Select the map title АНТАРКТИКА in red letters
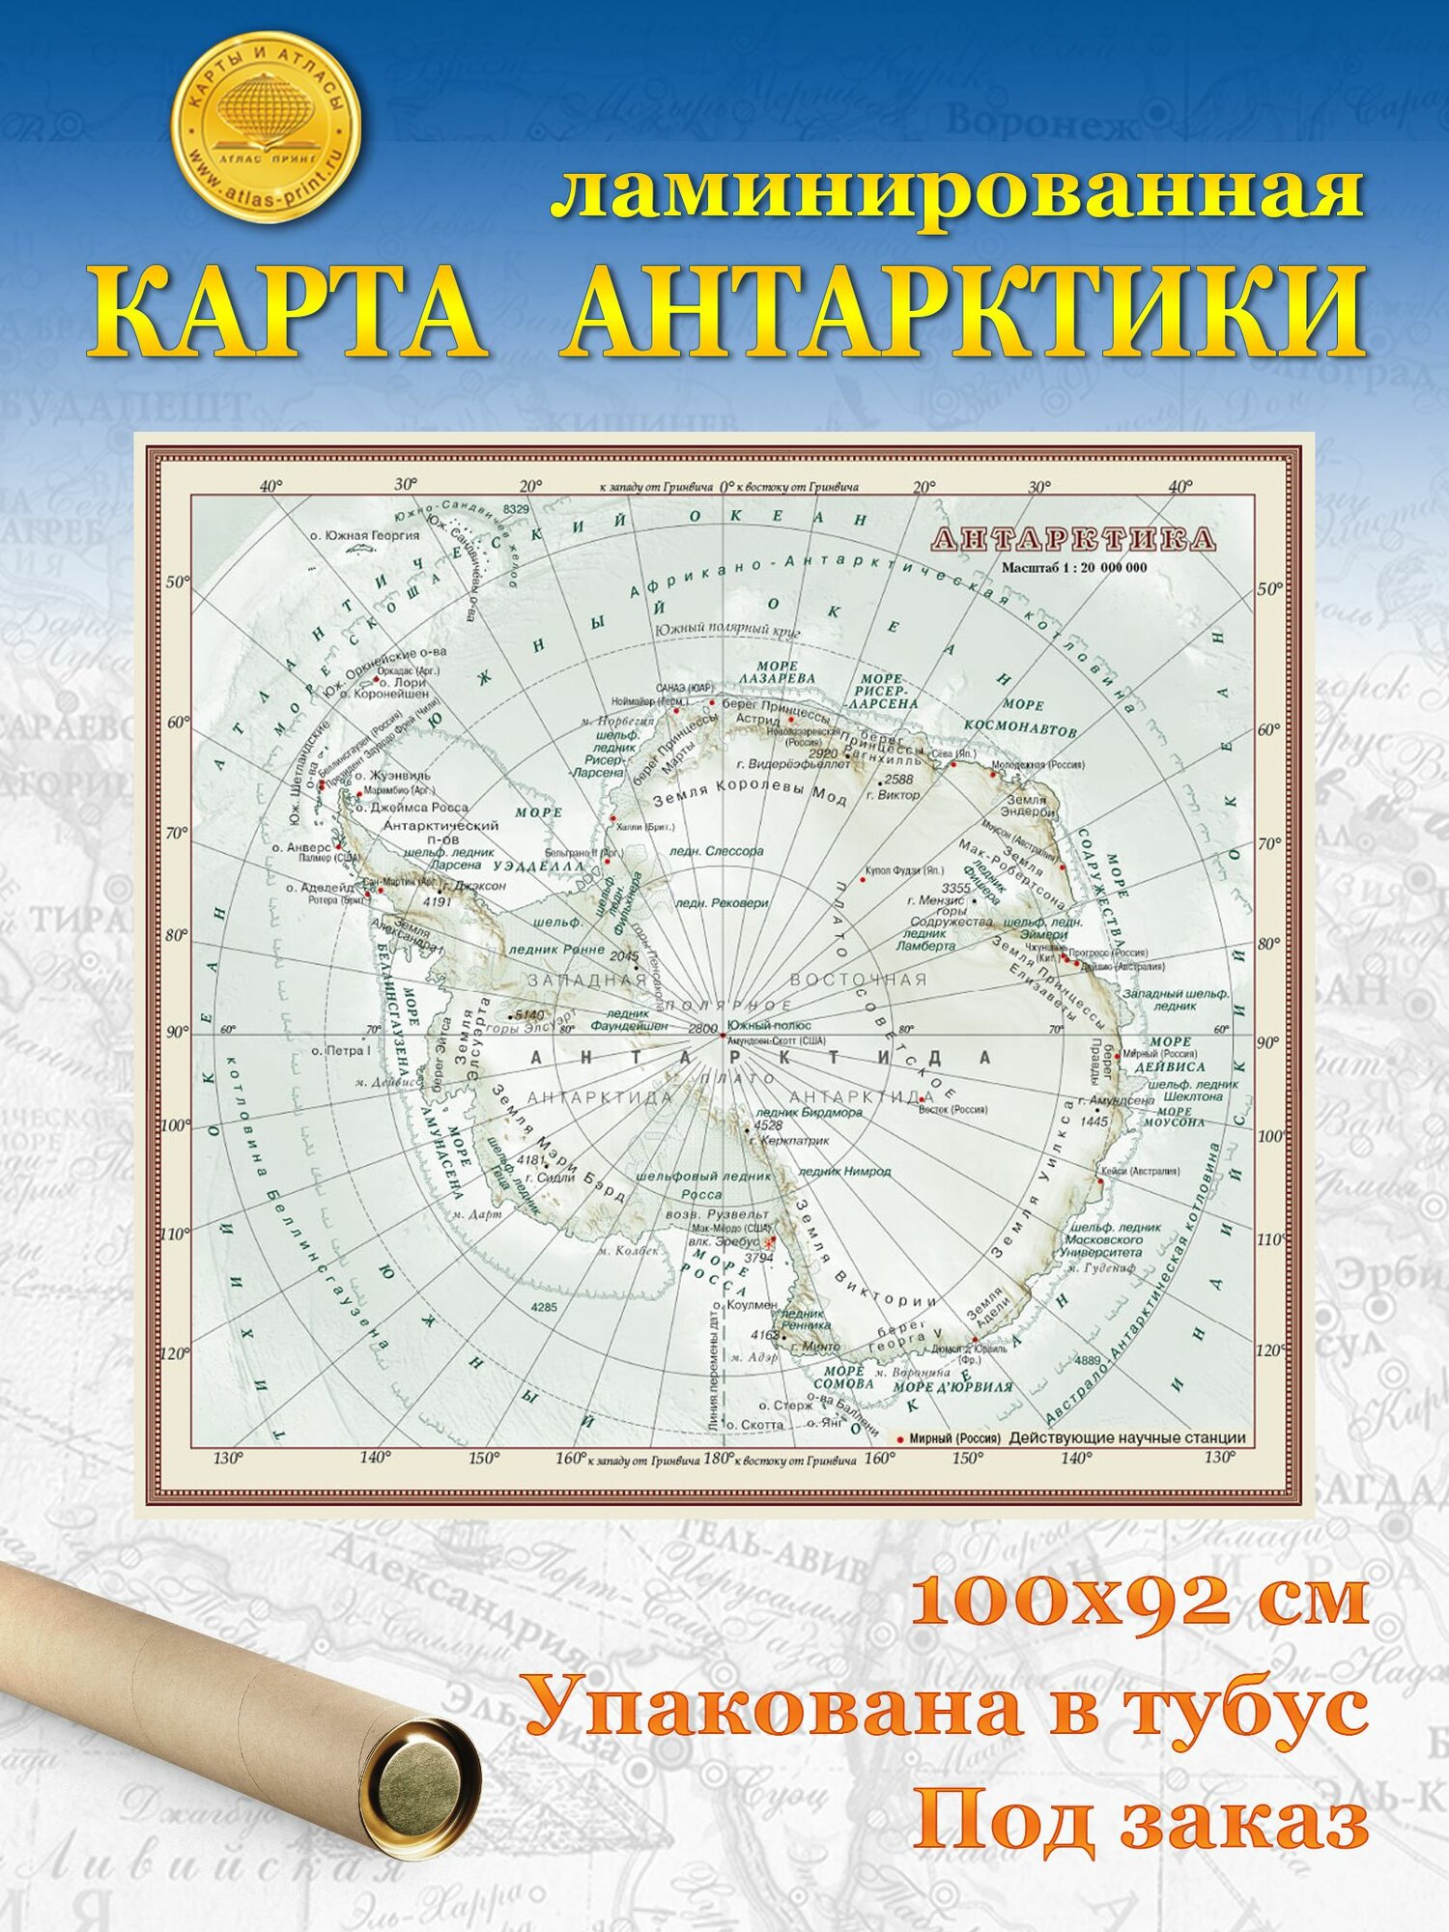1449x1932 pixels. tap(1072, 539)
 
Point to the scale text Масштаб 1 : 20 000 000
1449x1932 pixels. tap(1074, 567)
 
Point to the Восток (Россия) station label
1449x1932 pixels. tap(952, 1109)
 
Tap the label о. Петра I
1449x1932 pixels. tap(341, 1050)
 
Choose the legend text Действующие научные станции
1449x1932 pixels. tap(1127, 1438)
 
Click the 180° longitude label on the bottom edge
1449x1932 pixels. tap(717, 1460)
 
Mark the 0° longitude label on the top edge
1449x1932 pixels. tap(731, 487)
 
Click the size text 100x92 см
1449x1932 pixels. tap(1140, 1600)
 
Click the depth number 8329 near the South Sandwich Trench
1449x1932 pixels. tap(517, 508)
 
